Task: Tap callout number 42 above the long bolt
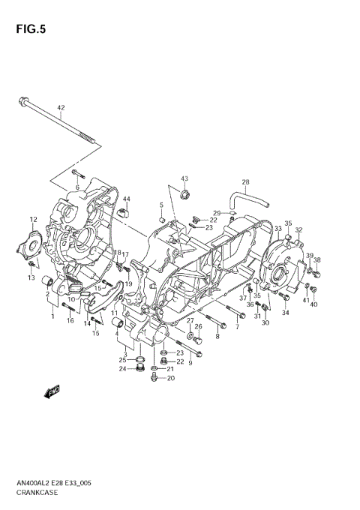61,108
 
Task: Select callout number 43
184,179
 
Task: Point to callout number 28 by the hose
244,182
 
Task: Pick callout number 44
126,199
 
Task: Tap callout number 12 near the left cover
32,219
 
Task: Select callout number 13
31,278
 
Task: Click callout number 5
160,205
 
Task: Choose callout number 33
277,228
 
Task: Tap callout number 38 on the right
316,260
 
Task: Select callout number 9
190,363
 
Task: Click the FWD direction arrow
53,391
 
